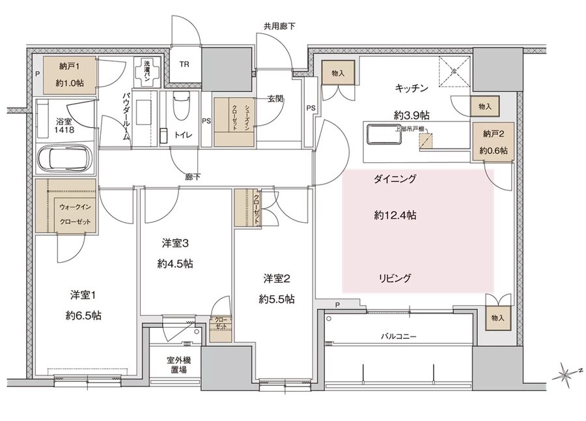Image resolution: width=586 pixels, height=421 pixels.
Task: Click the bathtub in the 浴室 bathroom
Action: point(64,158)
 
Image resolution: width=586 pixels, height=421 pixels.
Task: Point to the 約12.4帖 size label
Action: point(395,215)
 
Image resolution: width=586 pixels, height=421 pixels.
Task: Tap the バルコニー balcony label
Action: point(398,337)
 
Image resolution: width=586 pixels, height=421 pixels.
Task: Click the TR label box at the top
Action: point(185,65)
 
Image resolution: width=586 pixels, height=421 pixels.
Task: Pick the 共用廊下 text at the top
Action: point(279,27)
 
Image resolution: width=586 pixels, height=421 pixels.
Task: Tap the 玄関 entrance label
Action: point(274,99)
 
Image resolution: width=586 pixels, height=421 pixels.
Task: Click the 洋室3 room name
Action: point(175,244)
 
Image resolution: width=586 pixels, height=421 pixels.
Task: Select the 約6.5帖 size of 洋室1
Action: point(83,315)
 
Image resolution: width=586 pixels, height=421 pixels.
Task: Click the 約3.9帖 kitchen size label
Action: point(411,115)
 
